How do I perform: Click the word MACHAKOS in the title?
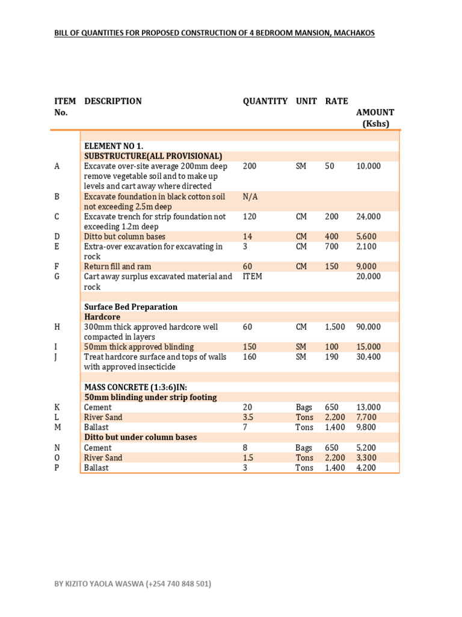(x=353, y=33)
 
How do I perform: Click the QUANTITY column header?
(x=265, y=101)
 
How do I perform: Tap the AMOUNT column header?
(x=375, y=112)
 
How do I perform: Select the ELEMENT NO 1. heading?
(x=114, y=146)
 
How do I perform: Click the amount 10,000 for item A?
(x=368, y=166)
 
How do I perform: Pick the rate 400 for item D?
(x=332, y=237)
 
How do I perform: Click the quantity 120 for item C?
(x=249, y=216)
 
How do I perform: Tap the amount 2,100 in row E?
(x=366, y=246)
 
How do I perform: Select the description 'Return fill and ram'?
(x=117, y=266)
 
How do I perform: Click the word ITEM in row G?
(x=253, y=277)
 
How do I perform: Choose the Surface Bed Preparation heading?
(x=131, y=307)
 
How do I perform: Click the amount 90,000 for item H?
(x=368, y=327)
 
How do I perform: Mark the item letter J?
(x=56, y=357)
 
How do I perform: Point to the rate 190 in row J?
(x=332, y=357)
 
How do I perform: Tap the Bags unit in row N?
(x=304, y=448)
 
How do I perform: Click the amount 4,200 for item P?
(x=366, y=468)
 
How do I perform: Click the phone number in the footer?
(x=179, y=584)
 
